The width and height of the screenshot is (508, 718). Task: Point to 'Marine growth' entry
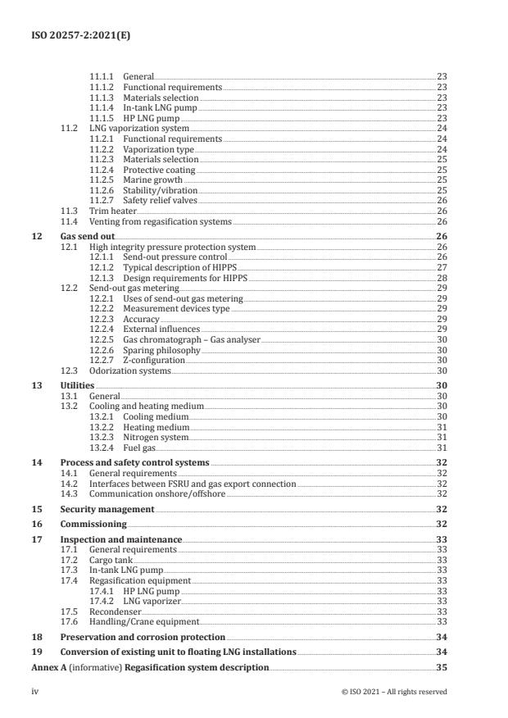[151, 179]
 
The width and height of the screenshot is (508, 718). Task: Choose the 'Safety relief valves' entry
[160, 200]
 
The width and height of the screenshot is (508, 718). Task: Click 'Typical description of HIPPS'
[175, 267]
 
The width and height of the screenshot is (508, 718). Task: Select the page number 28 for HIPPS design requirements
[442, 278]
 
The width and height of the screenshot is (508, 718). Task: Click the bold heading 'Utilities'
[77, 385]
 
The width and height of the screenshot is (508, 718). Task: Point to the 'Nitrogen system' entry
[156, 437]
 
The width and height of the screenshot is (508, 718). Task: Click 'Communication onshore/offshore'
[152, 493]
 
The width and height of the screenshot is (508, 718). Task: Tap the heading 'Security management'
[104, 509]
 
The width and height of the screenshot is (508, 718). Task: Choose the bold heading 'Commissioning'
[93, 524]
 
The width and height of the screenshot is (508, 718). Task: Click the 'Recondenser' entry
[115, 611]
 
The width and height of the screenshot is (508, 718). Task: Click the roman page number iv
[34, 692]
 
